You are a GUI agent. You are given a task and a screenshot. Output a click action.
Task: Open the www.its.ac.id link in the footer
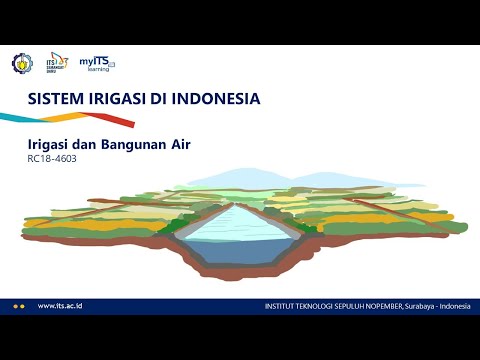[59, 305]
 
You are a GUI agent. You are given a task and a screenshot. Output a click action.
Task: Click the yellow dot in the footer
[16, 305]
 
